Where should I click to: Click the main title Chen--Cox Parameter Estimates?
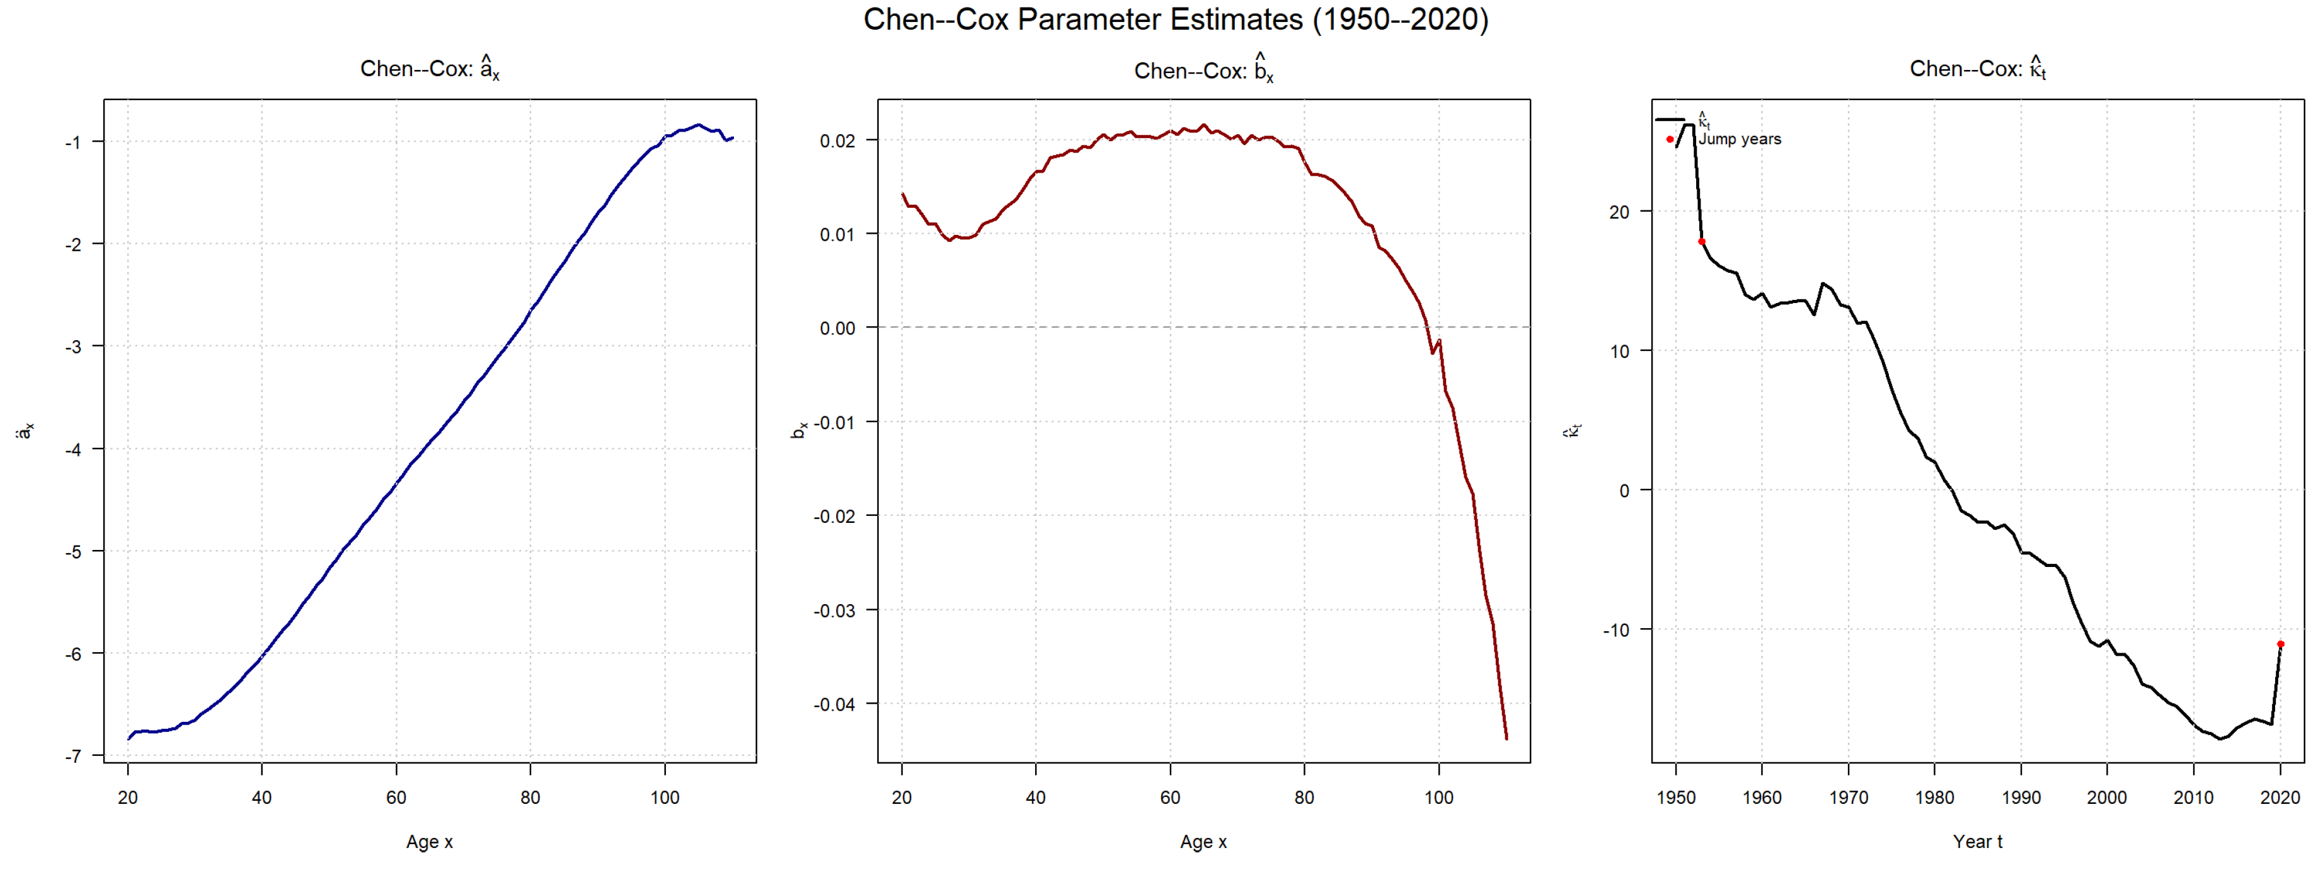(1175, 20)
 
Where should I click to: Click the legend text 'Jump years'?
(1740, 140)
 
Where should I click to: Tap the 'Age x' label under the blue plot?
(429, 841)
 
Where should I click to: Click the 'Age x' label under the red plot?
(1203, 841)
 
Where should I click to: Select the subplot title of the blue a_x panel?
(429, 69)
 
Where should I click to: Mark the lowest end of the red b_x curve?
(1506, 738)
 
